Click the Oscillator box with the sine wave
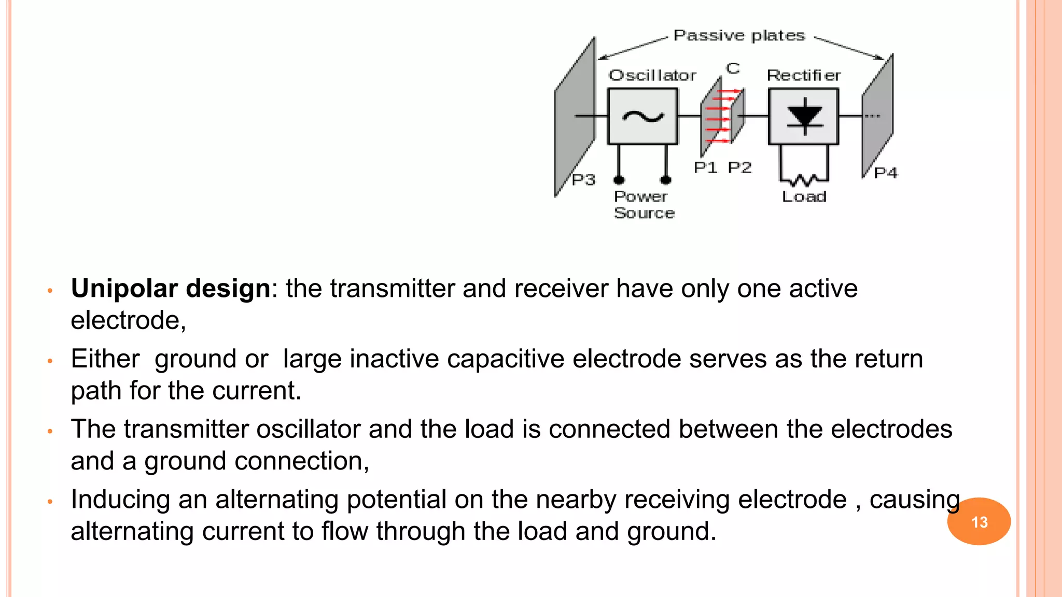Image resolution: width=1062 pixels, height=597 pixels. tap(642, 117)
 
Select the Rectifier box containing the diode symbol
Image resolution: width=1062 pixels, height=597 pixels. tap(803, 117)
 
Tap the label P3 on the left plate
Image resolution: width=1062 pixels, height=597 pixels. tap(583, 180)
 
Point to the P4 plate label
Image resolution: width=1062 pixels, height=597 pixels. tap(885, 173)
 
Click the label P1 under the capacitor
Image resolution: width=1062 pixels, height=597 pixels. tap(705, 167)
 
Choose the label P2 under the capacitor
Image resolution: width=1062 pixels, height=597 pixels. tap(739, 167)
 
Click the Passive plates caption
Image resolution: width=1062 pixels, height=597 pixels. tap(738, 35)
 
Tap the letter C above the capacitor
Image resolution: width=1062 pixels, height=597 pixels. tap(733, 68)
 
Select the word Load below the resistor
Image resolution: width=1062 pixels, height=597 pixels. tap(804, 196)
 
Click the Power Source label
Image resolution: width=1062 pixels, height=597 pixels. tap(644, 205)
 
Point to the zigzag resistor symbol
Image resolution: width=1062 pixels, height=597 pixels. tap(803, 180)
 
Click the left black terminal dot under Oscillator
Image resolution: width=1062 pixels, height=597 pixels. tap(619, 180)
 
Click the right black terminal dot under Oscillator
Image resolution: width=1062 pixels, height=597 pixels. tap(666, 180)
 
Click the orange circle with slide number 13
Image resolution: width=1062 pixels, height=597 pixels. tap(979, 521)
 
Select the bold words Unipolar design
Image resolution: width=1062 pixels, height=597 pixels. tap(170, 288)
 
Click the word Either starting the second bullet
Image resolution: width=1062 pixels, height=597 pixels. tap(105, 359)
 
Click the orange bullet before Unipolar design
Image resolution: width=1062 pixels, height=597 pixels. tap(50, 291)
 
